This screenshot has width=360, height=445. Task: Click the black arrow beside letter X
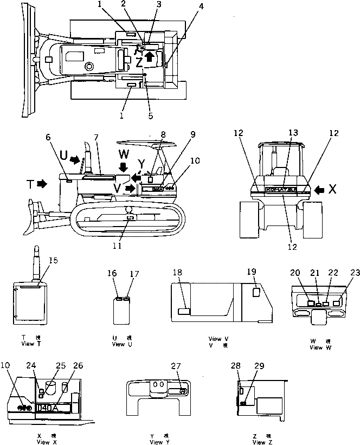pyautogui.click(x=320, y=189)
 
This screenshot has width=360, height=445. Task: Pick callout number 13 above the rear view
pyautogui.click(x=293, y=133)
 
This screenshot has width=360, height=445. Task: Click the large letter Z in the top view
pyautogui.click(x=140, y=63)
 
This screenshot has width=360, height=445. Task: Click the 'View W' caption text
pyautogui.click(x=317, y=347)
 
